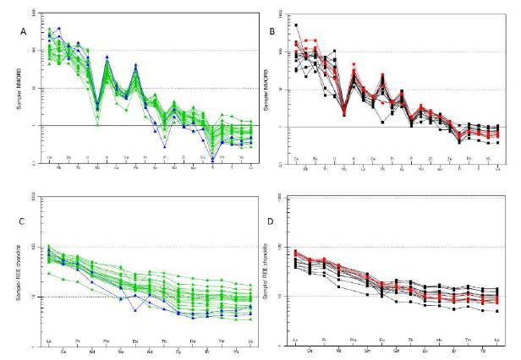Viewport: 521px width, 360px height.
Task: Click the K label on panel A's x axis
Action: (x=107, y=158)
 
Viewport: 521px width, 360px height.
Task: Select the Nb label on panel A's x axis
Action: (x=97, y=162)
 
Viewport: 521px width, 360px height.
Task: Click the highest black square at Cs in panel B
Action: (x=296, y=25)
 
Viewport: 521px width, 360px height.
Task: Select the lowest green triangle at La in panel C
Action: (x=48, y=273)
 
